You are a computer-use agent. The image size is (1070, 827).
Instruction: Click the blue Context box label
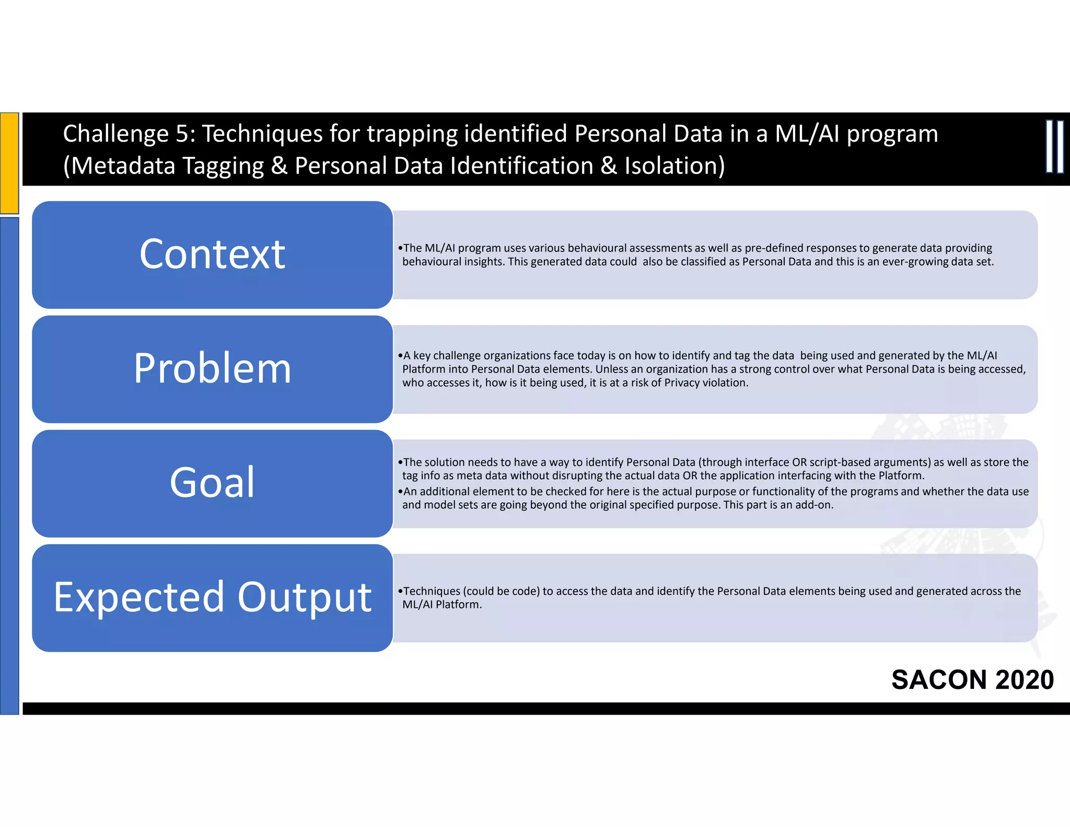coord(212,254)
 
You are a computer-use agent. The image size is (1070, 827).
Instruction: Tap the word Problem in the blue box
coord(212,368)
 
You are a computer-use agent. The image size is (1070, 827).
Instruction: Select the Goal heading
coord(212,482)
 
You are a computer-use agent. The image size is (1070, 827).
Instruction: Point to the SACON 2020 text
coord(972,680)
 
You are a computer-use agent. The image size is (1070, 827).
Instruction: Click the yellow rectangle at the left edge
coord(9,163)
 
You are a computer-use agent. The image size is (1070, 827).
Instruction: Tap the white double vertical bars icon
coord(1054,147)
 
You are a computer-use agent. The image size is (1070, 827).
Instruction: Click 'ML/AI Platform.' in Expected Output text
coord(442,605)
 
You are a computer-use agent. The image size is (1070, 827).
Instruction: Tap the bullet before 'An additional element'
coord(400,492)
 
